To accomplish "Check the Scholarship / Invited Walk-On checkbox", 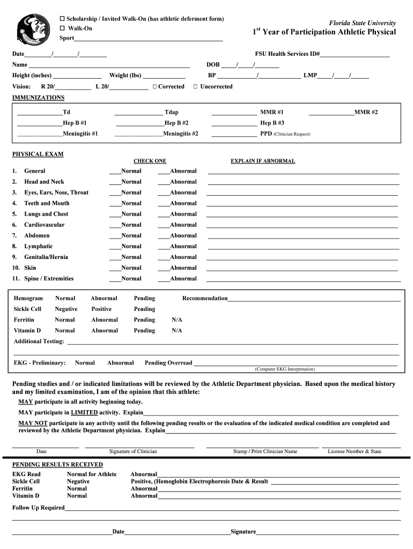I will click(x=62, y=19).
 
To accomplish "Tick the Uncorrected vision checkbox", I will click(x=196, y=87).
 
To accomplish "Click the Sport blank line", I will click(x=149, y=39).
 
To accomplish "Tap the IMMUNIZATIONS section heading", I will click(x=38, y=98).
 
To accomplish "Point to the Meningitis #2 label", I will click(x=181, y=133).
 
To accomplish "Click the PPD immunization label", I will click(x=266, y=133).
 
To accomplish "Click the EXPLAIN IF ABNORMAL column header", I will click(x=263, y=161).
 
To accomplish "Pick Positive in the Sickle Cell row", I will click(x=101, y=309).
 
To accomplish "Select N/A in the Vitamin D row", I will click(x=177, y=331).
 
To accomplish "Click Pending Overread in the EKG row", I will click(x=168, y=363).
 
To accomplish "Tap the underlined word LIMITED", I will click(x=85, y=413).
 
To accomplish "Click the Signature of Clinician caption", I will click(x=133, y=451).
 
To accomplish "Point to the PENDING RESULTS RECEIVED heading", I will click(x=57, y=464).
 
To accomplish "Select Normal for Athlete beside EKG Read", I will click(x=91, y=474).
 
